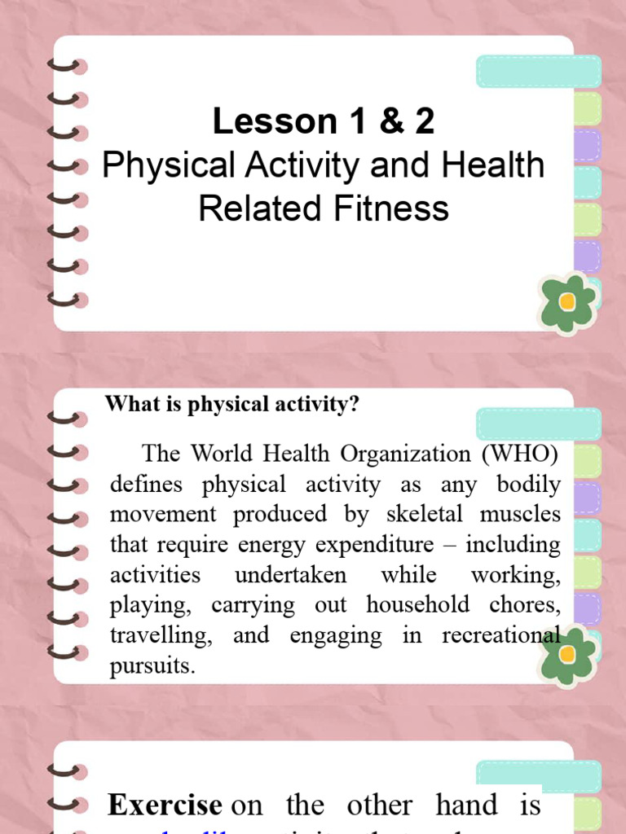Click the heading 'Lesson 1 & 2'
[324, 122]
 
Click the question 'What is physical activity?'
[232, 405]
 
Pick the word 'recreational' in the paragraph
[501, 635]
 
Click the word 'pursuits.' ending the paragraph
[153, 665]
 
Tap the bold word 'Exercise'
[165, 805]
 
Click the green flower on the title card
[568, 302]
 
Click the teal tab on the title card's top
[539, 72]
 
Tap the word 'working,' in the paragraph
[516, 574]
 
